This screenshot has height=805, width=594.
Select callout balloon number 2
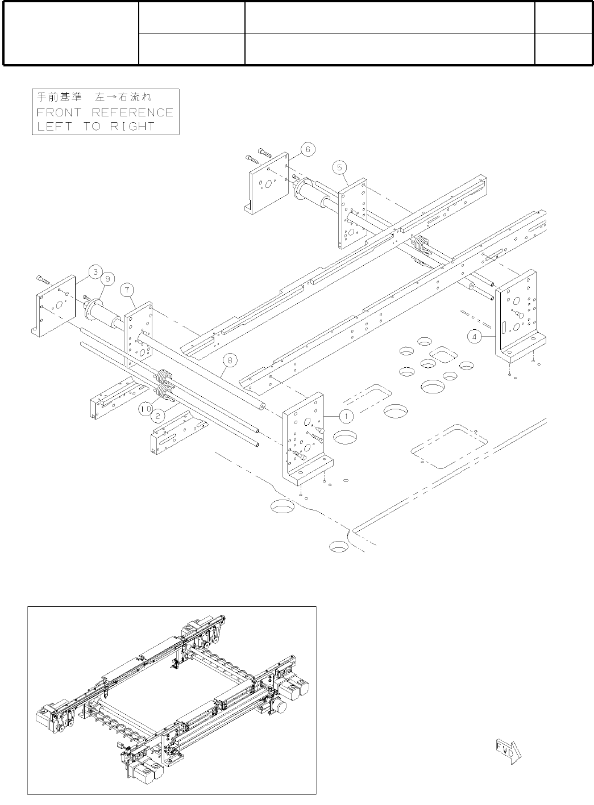[x=159, y=415]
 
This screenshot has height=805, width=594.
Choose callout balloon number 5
[x=339, y=167]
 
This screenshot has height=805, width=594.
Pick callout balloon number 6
[x=308, y=150]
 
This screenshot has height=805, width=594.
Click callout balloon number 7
[x=127, y=290]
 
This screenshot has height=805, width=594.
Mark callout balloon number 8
[x=229, y=360]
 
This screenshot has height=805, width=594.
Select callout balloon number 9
[x=107, y=279]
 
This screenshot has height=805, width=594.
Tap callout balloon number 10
[x=145, y=408]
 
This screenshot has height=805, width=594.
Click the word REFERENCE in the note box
[x=132, y=112]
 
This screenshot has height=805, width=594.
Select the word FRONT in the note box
[x=59, y=112]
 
